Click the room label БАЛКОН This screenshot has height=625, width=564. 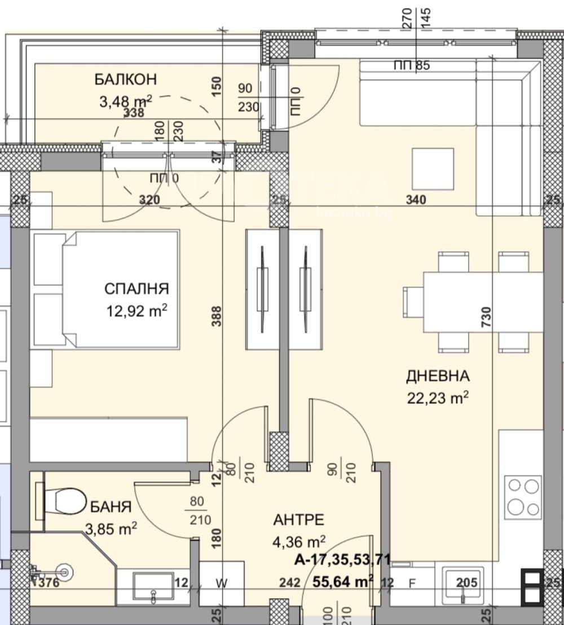(x=125, y=80)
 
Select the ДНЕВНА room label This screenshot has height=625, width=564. (x=438, y=376)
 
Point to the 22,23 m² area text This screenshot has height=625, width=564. (x=438, y=398)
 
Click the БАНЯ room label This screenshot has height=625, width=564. (x=111, y=507)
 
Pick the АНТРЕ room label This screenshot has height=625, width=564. (x=298, y=520)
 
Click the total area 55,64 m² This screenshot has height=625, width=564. (x=342, y=581)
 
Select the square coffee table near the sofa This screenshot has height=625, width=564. (x=432, y=169)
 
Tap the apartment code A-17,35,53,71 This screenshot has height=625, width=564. (x=342, y=560)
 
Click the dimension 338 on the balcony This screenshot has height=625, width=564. (x=134, y=113)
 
